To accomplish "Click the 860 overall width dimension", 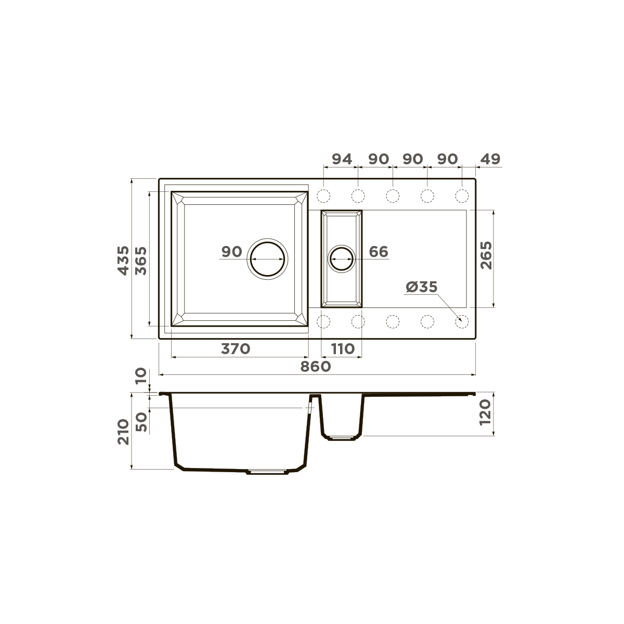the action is (316, 367).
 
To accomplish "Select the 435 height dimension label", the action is (123, 261).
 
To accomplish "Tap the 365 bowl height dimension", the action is (141, 261).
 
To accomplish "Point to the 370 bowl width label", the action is (236, 349).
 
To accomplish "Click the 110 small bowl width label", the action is (343, 349).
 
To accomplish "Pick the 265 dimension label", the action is (486, 255).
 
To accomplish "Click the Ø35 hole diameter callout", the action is (421, 287).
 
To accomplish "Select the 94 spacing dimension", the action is (342, 159).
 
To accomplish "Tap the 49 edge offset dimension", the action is (490, 159).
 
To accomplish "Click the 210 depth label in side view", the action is (123, 432).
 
